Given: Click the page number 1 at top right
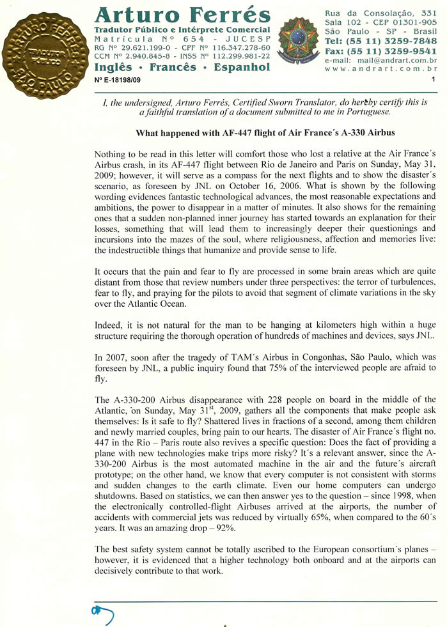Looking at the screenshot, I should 433,80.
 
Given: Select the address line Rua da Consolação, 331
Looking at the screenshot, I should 380,13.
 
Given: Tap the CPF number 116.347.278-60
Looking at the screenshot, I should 237,47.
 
